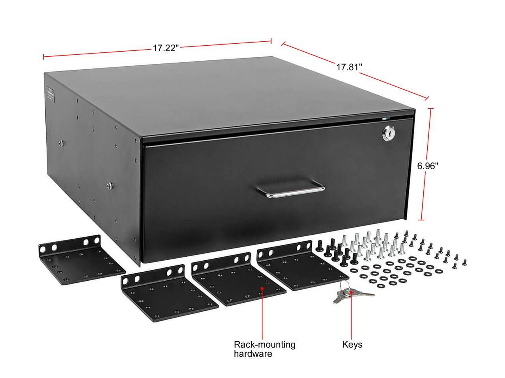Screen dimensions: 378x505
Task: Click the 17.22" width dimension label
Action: [166, 48]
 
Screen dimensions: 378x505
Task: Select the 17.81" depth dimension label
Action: [349, 67]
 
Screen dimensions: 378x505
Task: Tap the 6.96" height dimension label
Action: [428, 166]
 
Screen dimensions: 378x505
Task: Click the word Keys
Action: [352, 345]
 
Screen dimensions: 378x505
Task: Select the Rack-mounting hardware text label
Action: [264, 349]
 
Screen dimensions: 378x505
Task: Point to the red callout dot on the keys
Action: [351, 293]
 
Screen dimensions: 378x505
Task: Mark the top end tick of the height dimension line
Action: [431, 108]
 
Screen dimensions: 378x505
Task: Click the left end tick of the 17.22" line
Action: [43, 57]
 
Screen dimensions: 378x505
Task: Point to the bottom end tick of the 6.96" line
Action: [421, 220]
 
